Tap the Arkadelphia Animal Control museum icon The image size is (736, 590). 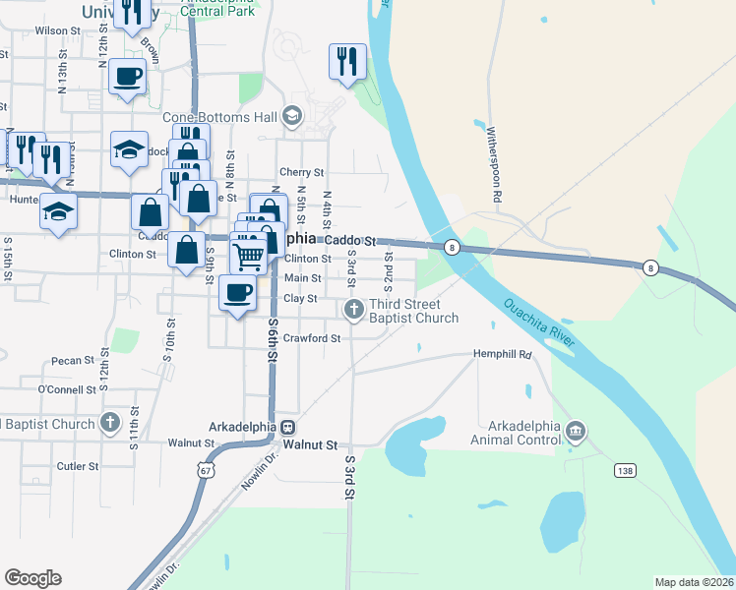(577, 430)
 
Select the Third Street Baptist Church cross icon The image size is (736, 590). (353, 311)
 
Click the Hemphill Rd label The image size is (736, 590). (502, 354)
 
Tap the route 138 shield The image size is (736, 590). (624, 471)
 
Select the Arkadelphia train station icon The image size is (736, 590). (288, 428)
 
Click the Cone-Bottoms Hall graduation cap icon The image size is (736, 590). (291, 116)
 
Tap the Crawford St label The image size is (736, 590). (311, 338)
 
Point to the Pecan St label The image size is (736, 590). (73, 361)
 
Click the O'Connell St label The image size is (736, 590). (67, 389)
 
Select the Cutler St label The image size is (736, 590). (78, 466)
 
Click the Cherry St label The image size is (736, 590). (302, 172)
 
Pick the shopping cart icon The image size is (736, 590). (250, 257)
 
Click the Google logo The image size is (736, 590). (32, 578)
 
